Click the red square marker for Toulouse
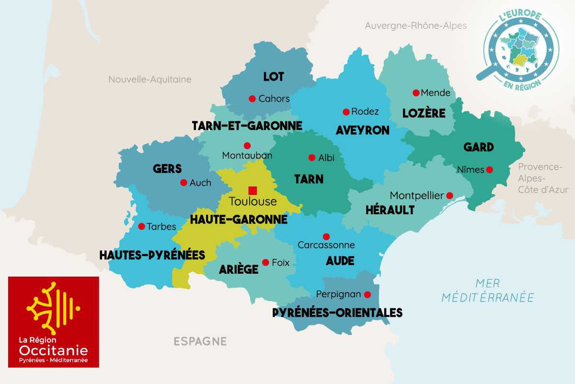point(253,190)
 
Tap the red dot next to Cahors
point(252,99)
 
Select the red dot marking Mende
point(416,93)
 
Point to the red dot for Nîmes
point(489,169)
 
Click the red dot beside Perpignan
point(368,294)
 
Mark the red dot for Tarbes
point(141,226)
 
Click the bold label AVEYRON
point(363,130)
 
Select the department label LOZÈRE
point(424,114)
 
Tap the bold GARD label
point(479,147)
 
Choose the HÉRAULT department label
point(390,210)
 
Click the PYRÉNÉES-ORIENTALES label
point(337,313)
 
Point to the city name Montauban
point(247,156)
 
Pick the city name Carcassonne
point(326,245)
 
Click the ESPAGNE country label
point(200,341)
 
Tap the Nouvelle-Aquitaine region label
point(149,80)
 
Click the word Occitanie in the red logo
point(53,350)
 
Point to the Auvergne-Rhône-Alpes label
point(415,26)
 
